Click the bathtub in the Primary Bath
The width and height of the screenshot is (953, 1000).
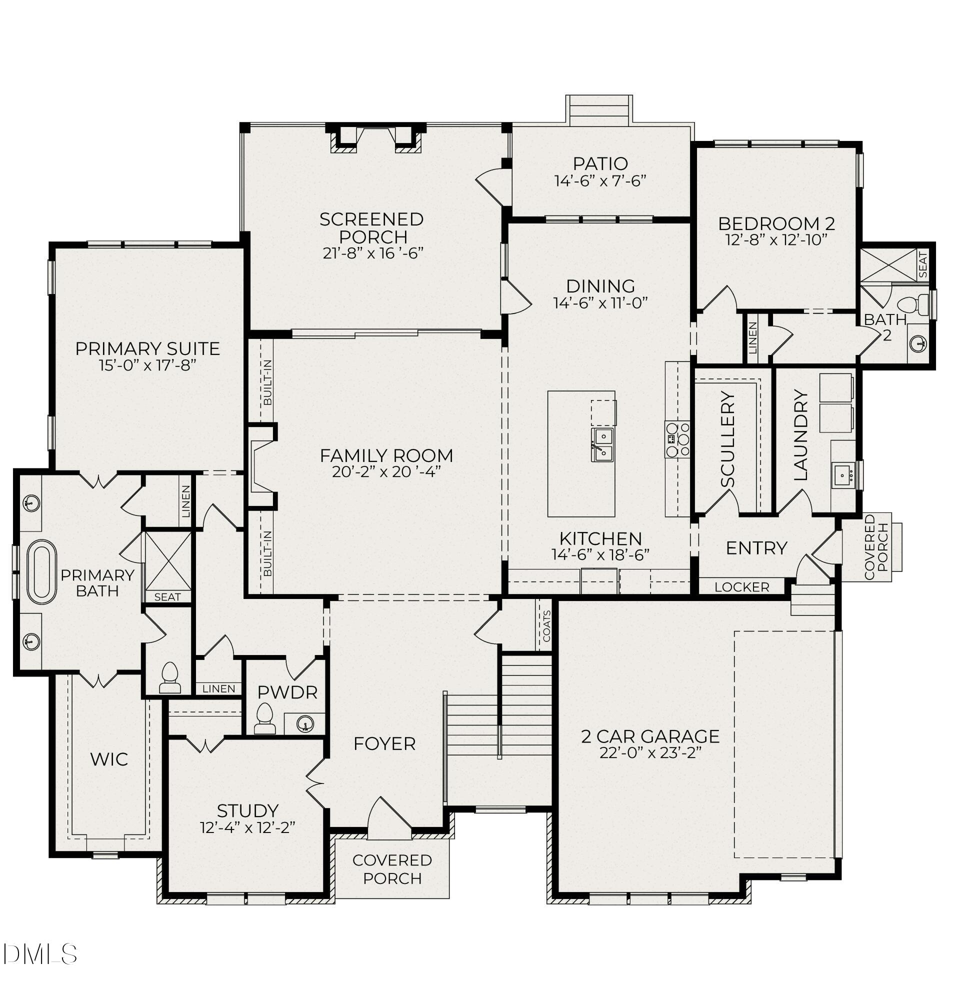[x=41, y=571]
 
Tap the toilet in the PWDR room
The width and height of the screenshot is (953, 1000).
[x=264, y=719]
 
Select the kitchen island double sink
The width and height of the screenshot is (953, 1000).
[x=602, y=444]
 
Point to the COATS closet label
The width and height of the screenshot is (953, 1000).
[x=546, y=625]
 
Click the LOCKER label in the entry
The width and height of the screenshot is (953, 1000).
[x=741, y=587]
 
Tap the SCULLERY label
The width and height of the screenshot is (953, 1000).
[x=727, y=439]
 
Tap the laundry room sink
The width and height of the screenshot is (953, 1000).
[x=844, y=476]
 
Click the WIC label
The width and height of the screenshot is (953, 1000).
[x=108, y=760]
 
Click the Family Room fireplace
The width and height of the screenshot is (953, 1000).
[x=260, y=466]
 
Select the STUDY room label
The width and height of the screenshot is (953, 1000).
[x=247, y=810]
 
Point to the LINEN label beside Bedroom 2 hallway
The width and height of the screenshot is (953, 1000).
[x=752, y=337]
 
